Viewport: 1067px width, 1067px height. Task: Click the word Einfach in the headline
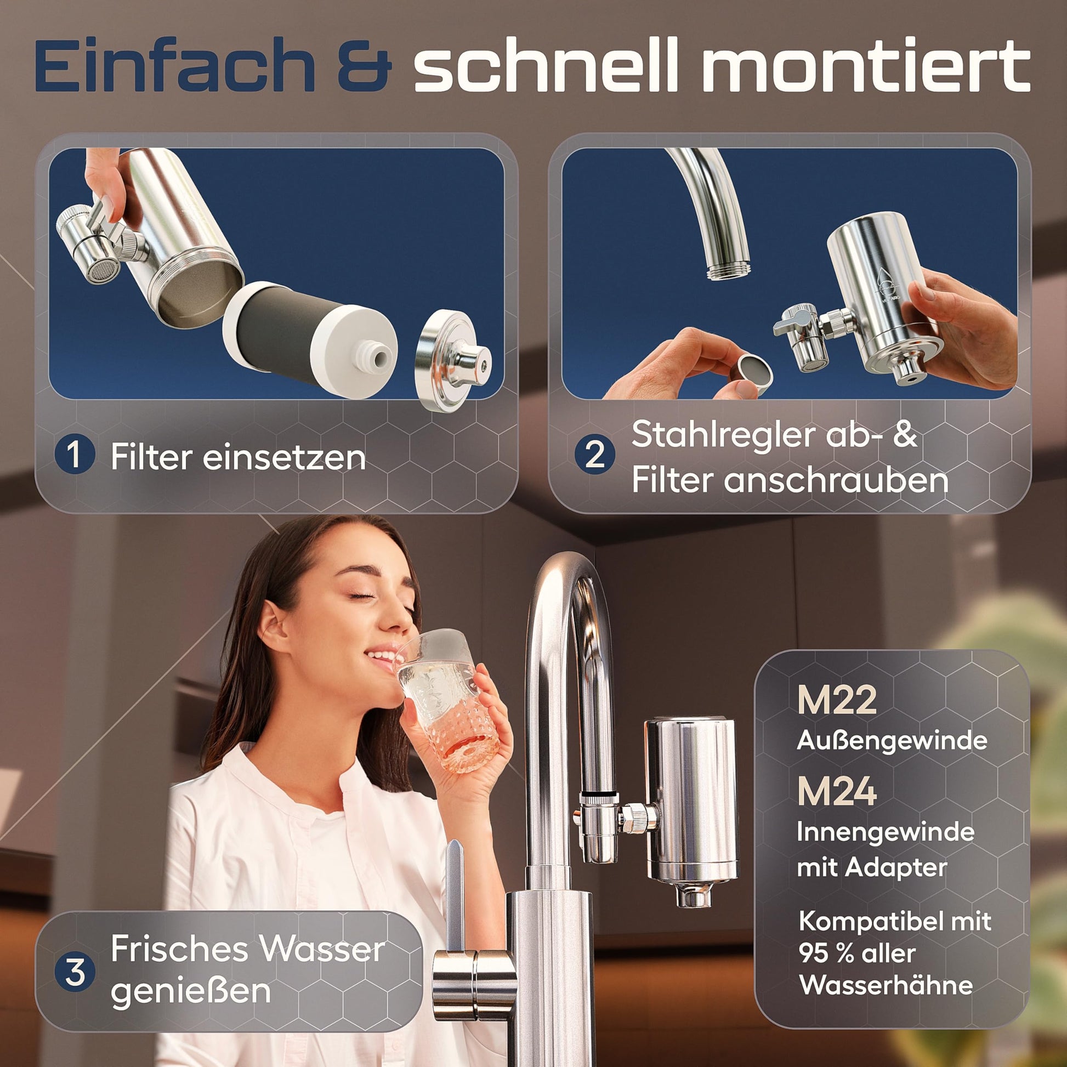click(x=175, y=65)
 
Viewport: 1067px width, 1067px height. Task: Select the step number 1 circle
click(x=75, y=454)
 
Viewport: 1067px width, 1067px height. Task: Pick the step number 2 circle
click(x=595, y=454)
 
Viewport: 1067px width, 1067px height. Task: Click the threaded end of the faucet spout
click(x=729, y=270)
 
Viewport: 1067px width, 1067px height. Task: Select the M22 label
click(x=836, y=700)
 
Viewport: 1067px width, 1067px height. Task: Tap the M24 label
click(x=836, y=791)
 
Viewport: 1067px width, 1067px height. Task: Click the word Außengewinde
click(x=892, y=741)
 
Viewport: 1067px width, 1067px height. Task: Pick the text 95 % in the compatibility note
click(x=828, y=954)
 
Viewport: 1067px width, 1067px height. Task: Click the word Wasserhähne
click(x=886, y=985)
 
